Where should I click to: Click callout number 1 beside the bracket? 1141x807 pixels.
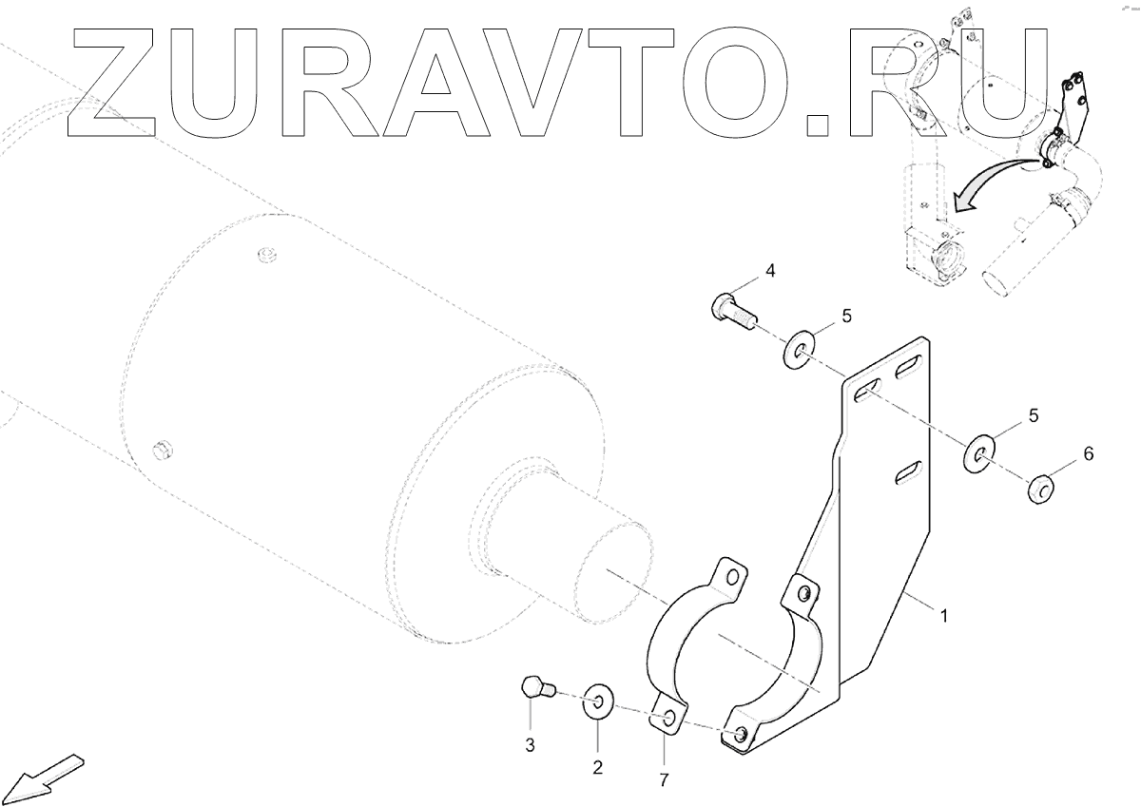(x=944, y=616)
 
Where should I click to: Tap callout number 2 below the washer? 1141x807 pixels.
(x=598, y=767)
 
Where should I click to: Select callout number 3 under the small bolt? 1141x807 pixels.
(x=532, y=744)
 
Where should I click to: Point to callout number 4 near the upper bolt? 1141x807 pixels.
(x=770, y=271)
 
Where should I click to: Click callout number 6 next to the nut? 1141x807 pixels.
(x=1088, y=454)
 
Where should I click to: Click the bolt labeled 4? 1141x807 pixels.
(x=730, y=311)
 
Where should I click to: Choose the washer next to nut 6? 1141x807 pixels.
(x=979, y=454)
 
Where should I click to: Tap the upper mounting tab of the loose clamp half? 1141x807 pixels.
(x=729, y=576)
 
